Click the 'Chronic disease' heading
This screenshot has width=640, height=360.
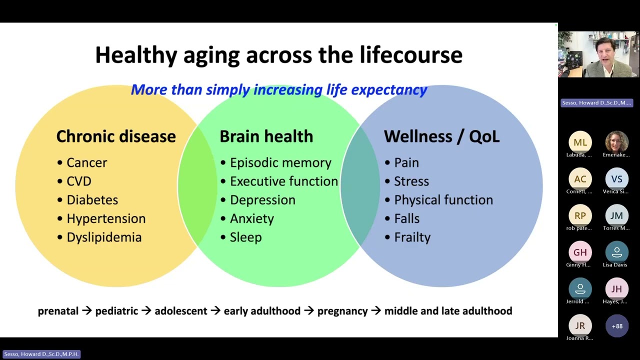point(116,136)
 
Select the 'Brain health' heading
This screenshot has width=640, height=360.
point(266,136)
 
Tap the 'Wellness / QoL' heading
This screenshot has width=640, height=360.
point(441,136)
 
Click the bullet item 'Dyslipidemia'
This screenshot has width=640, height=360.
point(104,237)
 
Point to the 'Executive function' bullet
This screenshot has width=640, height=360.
point(284,181)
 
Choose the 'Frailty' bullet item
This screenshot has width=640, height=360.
point(412,237)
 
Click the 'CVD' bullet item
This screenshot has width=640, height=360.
point(79,181)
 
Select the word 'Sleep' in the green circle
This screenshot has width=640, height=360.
point(245,237)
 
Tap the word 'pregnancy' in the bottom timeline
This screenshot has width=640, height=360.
point(342,311)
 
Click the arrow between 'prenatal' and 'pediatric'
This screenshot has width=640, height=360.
point(87,310)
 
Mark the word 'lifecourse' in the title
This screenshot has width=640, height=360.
point(411,55)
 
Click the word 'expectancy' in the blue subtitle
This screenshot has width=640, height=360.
point(389,90)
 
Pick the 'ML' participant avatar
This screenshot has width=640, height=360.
point(580,142)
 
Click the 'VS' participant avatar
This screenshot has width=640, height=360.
point(616,179)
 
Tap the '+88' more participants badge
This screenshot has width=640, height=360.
point(617,326)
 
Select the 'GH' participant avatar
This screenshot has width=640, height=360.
point(580,252)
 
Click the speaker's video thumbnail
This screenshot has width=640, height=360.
point(598,54)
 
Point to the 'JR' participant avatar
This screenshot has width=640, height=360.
point(580,325)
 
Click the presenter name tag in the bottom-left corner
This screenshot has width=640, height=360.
point(41,354)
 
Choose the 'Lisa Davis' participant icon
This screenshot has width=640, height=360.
point(616,252)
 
